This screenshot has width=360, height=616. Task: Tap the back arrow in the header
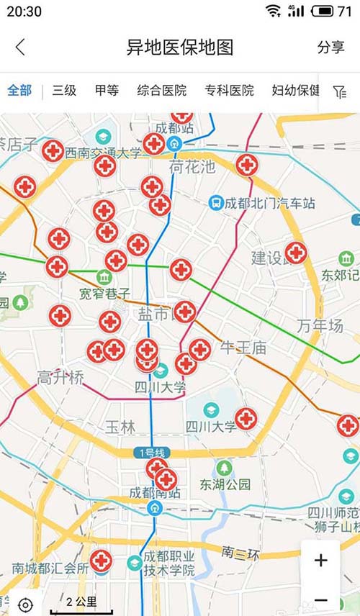[20, 47]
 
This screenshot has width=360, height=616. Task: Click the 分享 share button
[330, 47]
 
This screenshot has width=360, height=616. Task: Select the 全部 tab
[19, 91]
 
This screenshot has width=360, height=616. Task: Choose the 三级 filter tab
[64, 91]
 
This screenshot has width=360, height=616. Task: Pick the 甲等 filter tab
[107, 91]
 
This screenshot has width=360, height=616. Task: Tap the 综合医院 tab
[162, 91]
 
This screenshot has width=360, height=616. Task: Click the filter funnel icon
[340, 91]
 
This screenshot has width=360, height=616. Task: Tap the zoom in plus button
[321, 561]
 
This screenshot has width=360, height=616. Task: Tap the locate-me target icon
[25, 604]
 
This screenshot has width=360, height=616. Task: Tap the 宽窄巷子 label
[105, 294]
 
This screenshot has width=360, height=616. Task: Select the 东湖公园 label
[225, 484]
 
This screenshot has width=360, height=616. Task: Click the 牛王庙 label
[243, 348]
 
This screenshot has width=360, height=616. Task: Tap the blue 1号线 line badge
[150, 453]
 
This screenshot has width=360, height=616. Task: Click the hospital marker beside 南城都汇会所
[101, 561]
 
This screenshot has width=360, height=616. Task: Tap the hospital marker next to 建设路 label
[296, 253]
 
